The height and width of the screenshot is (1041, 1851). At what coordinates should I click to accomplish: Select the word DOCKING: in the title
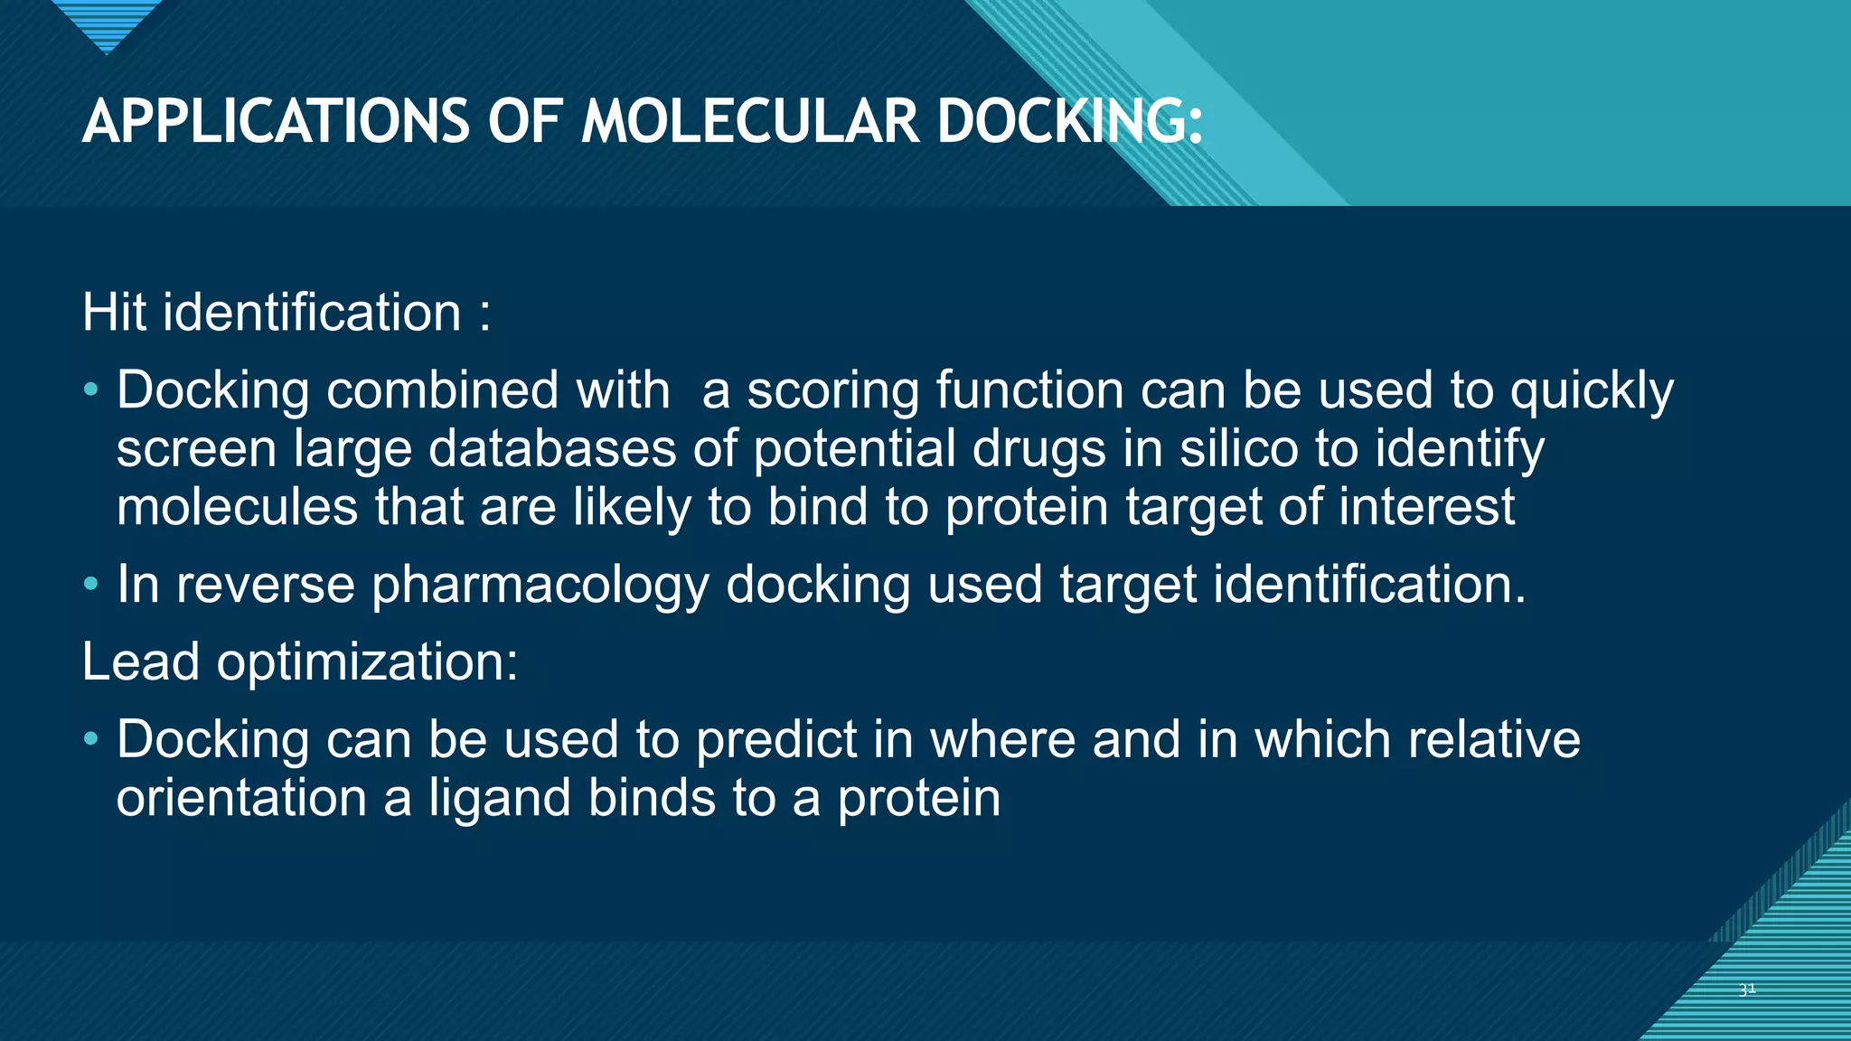pyautogui.click(x=1070, y=122)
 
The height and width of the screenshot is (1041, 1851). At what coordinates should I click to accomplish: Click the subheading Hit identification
pyautogui.click(x=286, y=313)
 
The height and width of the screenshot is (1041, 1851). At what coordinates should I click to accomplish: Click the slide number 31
pyautogui.click(x=1747, y=989)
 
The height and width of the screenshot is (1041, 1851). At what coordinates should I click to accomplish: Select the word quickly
pyautogui.click(x=1592, y=392)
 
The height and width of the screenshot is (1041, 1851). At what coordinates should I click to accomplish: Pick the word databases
pyautogui.click(x=551, y=448)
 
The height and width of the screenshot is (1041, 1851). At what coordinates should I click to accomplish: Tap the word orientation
pyautogui.click(x=241, y=799)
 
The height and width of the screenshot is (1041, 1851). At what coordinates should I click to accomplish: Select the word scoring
pyautogui.click(x=832, y=392)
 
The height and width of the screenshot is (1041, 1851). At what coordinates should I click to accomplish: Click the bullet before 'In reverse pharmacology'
pyautogui.click(x=90, y=585)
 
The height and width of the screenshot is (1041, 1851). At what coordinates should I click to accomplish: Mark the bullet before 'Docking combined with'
pyautogui.click(x=90, y=390)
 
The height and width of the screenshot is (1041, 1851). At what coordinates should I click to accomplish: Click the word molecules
pyautogui.click(x=238, y=506)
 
